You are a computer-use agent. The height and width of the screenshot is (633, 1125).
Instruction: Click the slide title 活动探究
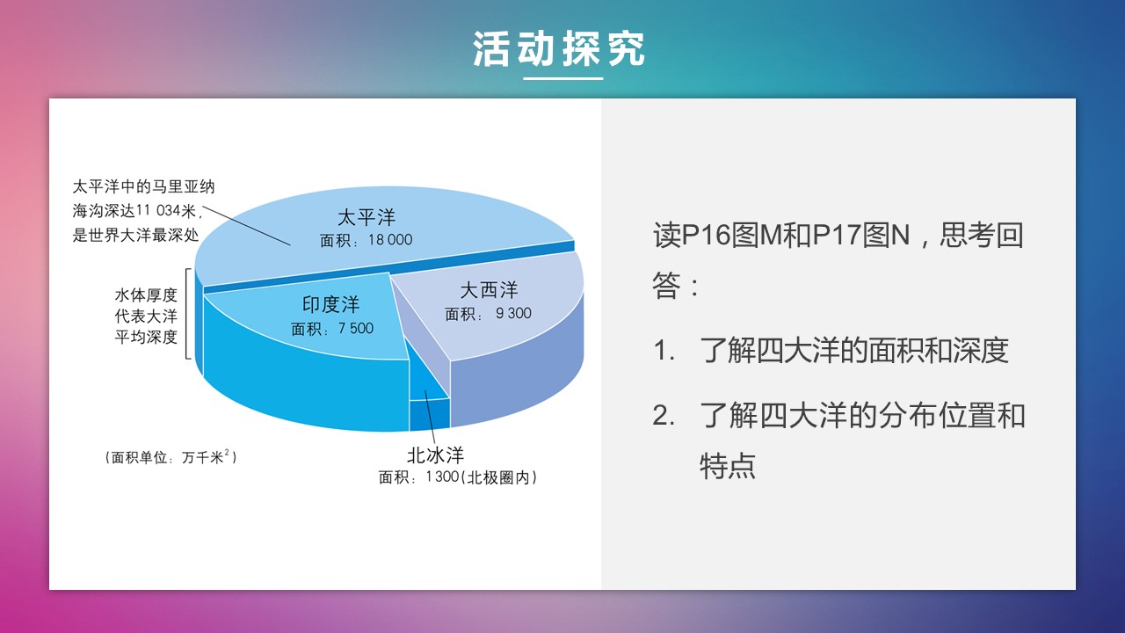click(x=559, y=48)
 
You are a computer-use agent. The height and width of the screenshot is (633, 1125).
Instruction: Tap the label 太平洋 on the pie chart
click(x=367, y=217)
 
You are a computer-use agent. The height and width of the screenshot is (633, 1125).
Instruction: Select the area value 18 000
click(x=390, y=240)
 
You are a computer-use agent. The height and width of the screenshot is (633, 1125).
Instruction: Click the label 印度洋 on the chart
click(x=330, y=304)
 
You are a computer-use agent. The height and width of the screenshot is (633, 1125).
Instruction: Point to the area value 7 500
click(x=356, y=329)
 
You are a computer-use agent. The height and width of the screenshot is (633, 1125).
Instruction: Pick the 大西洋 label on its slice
click(x=489, y=290)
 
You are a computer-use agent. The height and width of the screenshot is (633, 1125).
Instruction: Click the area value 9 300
click(x=513, y=314)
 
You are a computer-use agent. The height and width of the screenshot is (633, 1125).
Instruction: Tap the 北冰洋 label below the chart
click(x=435, y=455)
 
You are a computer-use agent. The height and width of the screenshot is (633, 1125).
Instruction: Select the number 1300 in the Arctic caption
click(x=442, y=477)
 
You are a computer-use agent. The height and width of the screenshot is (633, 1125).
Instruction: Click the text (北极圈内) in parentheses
click(x=498, y=477)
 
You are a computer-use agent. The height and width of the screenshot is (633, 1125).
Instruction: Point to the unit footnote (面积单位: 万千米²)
click(x=171, y=457)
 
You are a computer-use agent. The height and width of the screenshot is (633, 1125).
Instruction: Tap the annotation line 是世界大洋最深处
click(x=135, y=235)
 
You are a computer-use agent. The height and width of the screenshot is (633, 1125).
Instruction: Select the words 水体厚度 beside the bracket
click(x=146, y=295)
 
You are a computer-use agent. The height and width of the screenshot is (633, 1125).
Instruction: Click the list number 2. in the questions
click(x=663, y=416)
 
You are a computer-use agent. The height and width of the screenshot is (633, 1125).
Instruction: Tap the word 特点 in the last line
click(x=728, y=466)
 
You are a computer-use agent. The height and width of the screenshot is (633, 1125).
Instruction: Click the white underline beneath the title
click(x=563, y=78)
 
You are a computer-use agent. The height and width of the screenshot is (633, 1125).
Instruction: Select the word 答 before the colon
click(x=666, y=286)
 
